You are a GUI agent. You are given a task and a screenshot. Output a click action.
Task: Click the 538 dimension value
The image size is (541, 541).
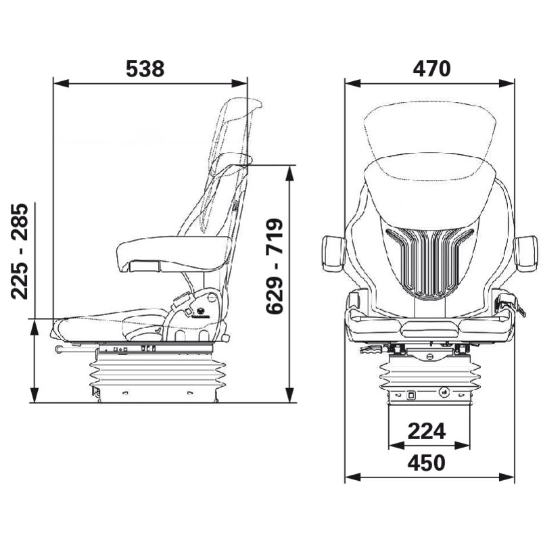[x=145, y=69]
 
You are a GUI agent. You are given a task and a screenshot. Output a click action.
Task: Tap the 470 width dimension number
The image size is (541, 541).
[x=431, y=69]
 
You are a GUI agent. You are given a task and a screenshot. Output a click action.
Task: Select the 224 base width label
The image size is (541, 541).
[x=427, y=431]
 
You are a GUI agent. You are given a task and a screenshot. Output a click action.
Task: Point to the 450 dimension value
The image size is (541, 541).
[x=427, y=463]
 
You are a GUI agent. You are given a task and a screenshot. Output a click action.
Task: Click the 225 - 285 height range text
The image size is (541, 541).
[x=20, y=251]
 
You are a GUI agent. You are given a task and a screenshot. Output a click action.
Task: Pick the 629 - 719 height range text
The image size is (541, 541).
[x=275, y=266]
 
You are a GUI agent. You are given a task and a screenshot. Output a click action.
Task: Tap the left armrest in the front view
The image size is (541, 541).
[x=334, y=253]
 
